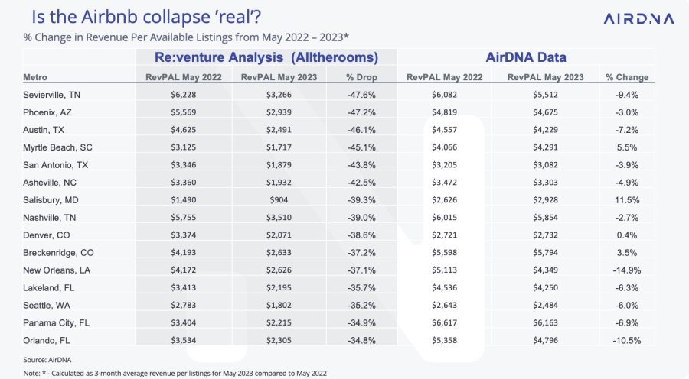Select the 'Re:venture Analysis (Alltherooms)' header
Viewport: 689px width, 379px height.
tap(267, 57)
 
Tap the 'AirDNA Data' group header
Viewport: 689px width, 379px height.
tap(524, 57)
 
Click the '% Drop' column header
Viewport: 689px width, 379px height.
tap(358, 77)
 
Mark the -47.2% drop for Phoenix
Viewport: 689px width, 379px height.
tap(358, 112)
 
